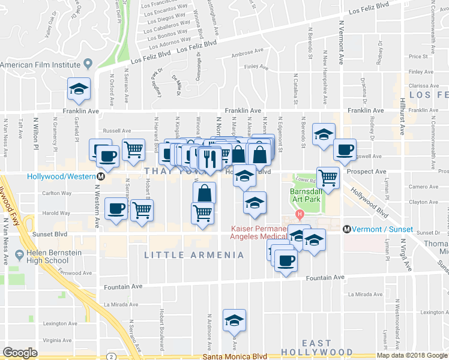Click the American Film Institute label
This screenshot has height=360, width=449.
click(x=41, y=64)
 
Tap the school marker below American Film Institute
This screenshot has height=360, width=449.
click(x=79, y=89)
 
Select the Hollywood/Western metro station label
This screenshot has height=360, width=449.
click(x=62, y=176)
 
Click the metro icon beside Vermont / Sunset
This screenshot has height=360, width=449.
click(x=346, y=229)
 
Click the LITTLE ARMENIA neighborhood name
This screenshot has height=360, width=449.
click(x=194, y=255)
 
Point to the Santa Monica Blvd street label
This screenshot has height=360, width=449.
click(x=235, y=356)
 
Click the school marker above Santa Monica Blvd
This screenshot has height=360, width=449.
click(x=234, y=320)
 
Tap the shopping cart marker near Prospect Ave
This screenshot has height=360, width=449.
click(x=328, y=177)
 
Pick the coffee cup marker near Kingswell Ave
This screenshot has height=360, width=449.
click(x=345, y=150)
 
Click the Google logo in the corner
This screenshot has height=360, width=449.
click(x=20, y=352)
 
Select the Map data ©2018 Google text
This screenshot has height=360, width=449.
click(x=412, y=355)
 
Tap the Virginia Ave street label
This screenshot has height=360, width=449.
click(x=58, y=340)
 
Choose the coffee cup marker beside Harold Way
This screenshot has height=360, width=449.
click(x=116, y=209)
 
